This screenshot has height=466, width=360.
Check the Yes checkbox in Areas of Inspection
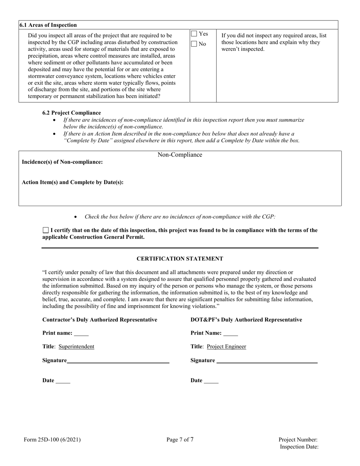tap(194, 34)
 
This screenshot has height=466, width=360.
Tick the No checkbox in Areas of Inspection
tap(194, 44)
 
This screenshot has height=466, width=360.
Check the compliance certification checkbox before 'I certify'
tap(46, 230)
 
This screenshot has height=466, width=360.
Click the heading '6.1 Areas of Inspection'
tap(49, 25)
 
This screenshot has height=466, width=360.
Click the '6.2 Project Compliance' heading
tap(72, 113)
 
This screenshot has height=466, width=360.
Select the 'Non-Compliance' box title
tap(180, 155)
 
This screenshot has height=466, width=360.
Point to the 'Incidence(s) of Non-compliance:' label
tap(62, 162)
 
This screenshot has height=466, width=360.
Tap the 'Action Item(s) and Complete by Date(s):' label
tap(73, 182)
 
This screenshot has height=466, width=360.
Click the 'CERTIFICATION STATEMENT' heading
tap(180, 259)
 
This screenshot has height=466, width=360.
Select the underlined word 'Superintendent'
tap(77, 346)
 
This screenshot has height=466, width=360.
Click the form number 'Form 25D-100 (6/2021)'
tap(52, 440)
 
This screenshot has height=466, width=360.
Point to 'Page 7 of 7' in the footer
tap(180, 440)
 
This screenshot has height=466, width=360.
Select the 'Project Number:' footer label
tap(298, 440)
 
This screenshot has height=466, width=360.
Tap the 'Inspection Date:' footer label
tap(299, 447)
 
